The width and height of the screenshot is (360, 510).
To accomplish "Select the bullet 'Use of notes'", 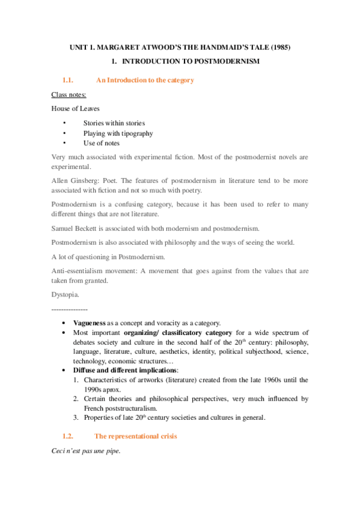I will pyautogui.click(x=101, y=143).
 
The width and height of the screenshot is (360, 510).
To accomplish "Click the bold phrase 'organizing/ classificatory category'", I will pyautogui.click(x=177, y=333).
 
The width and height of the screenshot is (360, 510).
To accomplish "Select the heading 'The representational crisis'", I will pyautogui.click(x=136, y=435).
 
